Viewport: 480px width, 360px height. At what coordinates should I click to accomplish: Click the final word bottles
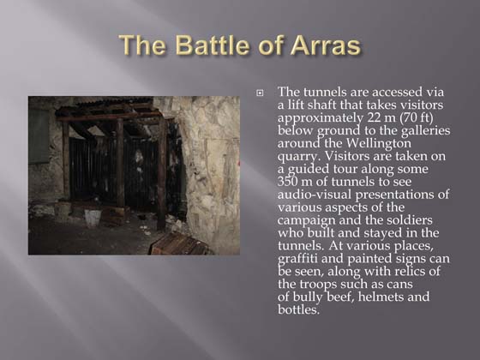[x=298, y=310]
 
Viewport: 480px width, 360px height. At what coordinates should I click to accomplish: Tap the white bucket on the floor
[x=92, y=217]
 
